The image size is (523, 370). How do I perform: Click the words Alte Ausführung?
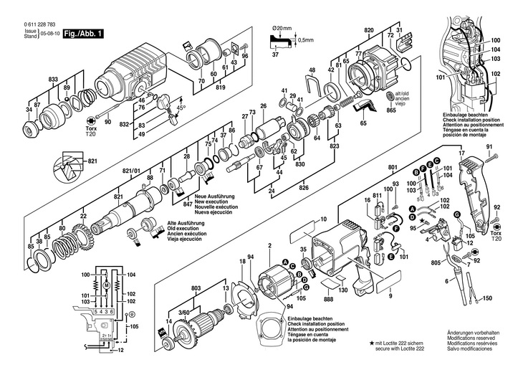point(187,222)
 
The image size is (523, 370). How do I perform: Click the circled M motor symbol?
point(106,285)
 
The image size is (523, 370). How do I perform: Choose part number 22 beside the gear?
point(84,216)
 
